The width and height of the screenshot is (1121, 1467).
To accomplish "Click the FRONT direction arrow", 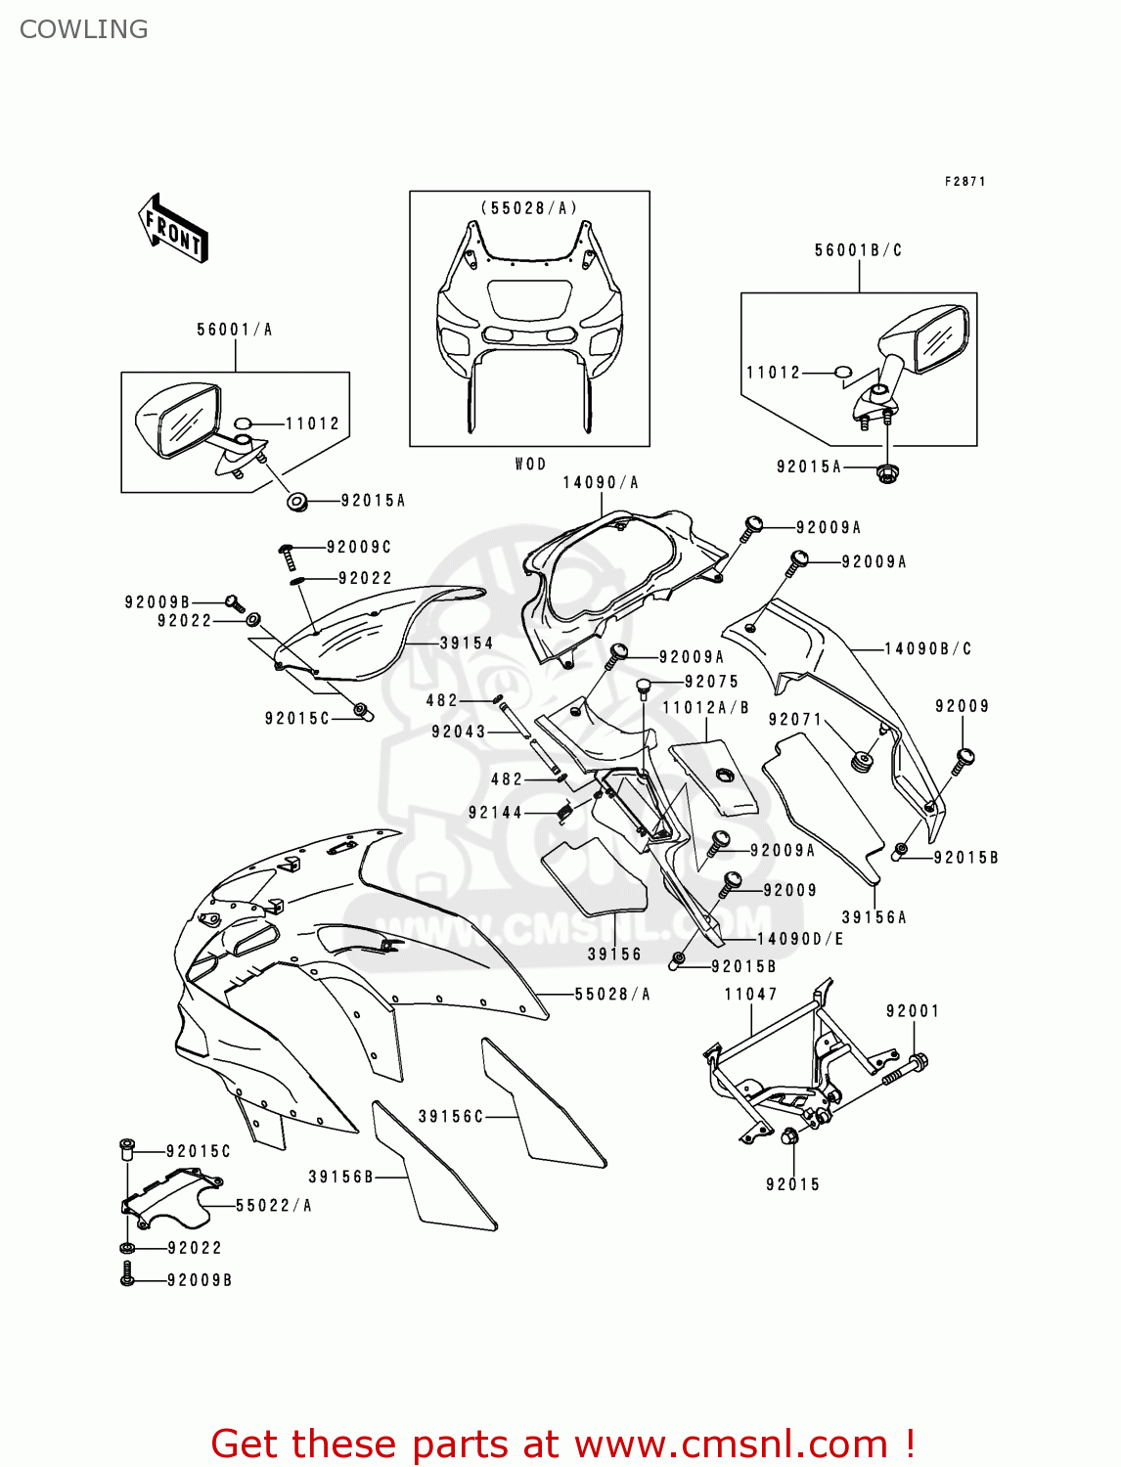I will click(174, 228).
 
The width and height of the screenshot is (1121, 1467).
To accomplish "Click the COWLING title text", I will click(83, 29).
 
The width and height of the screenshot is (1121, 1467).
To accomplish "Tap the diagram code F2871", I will click(964, 182).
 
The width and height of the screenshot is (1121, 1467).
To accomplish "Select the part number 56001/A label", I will click(234, 330).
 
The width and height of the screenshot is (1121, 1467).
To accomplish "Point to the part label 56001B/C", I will click(858, 250).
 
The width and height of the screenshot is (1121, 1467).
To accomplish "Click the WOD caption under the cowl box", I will click(530, 464).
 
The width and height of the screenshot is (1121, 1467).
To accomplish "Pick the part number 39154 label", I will click(466, 643).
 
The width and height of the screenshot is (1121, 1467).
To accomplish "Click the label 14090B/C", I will click(927, 648).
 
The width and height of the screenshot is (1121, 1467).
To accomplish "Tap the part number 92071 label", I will click(794, 719).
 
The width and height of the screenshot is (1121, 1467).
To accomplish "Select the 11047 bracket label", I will click(750, 994).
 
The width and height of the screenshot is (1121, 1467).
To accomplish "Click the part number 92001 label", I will click(912, 1010).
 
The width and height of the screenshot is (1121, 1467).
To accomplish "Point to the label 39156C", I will click(451, 1116).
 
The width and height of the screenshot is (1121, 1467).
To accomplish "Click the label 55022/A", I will click(273, 1206).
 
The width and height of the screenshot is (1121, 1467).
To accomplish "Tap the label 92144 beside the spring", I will click(495, 812).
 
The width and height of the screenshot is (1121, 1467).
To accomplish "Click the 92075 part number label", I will click(711, 682).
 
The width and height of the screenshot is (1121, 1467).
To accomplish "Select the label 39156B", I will click(341, 1177).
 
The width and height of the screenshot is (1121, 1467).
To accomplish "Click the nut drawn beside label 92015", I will click(788, 1136).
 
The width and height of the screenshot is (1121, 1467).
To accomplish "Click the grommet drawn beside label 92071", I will click(863, 761).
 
